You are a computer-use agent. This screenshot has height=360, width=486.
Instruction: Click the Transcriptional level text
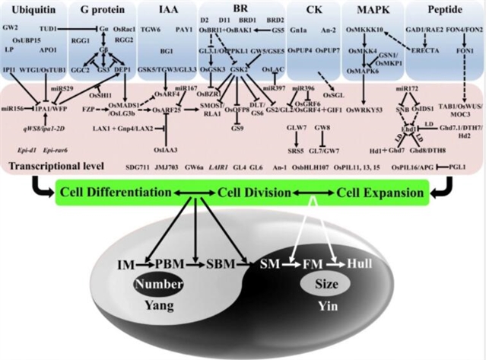click(x=43, y=165)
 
